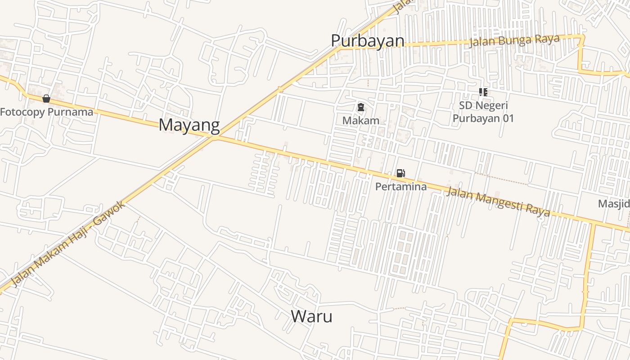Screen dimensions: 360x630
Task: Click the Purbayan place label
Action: click(368, 41)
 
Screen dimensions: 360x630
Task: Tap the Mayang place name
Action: click(189, 125)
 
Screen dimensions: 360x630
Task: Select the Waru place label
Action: click(311, 316)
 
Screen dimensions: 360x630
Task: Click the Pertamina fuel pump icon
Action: click(400, 173)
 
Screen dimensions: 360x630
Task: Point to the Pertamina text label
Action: click(400, 186)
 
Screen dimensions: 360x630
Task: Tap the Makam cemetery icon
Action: click(360, 107)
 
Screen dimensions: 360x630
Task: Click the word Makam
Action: click(360, 121)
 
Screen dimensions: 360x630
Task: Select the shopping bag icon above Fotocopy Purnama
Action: click(46, 98)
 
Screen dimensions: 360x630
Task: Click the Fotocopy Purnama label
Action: click(46, 112)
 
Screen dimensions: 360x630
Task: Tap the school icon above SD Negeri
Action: click(483, 92)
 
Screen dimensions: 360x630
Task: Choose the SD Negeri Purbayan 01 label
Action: click(483, 112)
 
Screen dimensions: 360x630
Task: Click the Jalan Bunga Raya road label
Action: click(514, 41)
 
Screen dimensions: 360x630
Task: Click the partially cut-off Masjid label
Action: click(614, 204)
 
